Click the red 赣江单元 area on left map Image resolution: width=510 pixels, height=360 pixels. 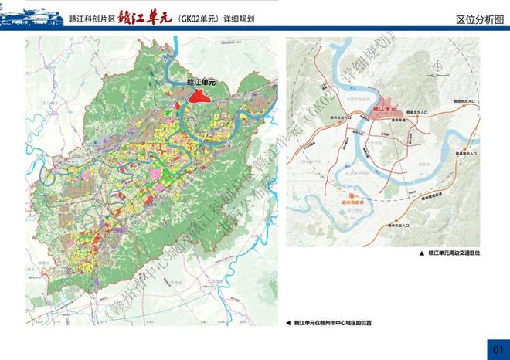pos(202,97)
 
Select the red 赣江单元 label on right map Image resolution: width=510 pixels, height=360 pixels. pos(385,110)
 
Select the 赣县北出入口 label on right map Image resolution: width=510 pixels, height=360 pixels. pos(463,109)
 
